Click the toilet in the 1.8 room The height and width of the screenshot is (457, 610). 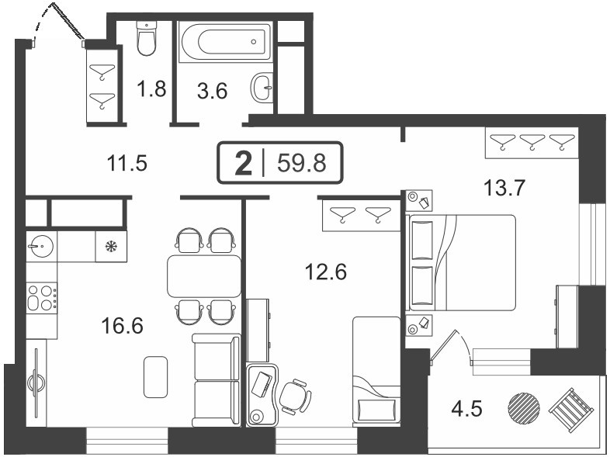(147, 38)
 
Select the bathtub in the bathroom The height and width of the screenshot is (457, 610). (225, 42)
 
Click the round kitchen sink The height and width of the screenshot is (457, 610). (40, 246)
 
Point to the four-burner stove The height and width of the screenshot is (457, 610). (42, 298)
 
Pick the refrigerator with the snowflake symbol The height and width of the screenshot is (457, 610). (111, 246)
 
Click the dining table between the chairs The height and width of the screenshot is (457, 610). (204, 276)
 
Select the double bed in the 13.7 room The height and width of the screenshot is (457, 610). (461, 263)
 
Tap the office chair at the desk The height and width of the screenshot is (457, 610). (295, 396)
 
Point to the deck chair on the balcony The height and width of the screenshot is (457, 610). (571, 410)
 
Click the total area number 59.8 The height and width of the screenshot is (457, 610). (301, 163)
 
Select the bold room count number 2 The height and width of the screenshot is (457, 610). (244, 164)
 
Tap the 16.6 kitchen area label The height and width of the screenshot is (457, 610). (122, 326)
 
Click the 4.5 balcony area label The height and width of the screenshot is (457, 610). (467, 409)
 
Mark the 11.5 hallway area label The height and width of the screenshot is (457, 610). (127, 164)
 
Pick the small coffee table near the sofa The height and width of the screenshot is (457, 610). (156, 377)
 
